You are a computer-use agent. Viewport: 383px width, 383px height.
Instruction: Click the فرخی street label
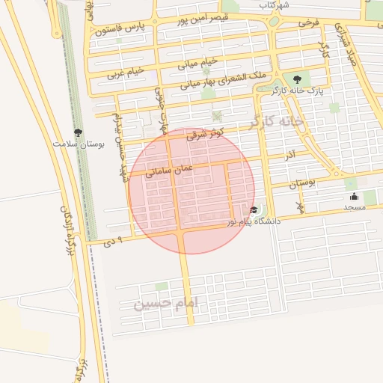(308, 22)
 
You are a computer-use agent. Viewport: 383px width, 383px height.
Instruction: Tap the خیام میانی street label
(198, 61)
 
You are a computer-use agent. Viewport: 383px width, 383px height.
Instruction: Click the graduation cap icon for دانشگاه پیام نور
(254, 210)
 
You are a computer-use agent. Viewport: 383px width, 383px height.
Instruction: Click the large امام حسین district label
(168, 303)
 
